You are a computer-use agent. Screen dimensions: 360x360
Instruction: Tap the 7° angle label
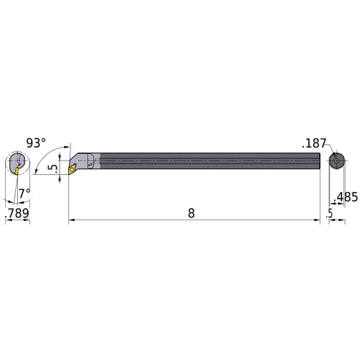(x=24, y=192)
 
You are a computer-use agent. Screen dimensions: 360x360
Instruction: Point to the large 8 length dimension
(x=192, y=214)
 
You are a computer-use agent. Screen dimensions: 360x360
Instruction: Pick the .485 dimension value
(x=346, y=196)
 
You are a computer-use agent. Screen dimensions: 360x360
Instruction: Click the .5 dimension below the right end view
(x=329, y=214)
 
